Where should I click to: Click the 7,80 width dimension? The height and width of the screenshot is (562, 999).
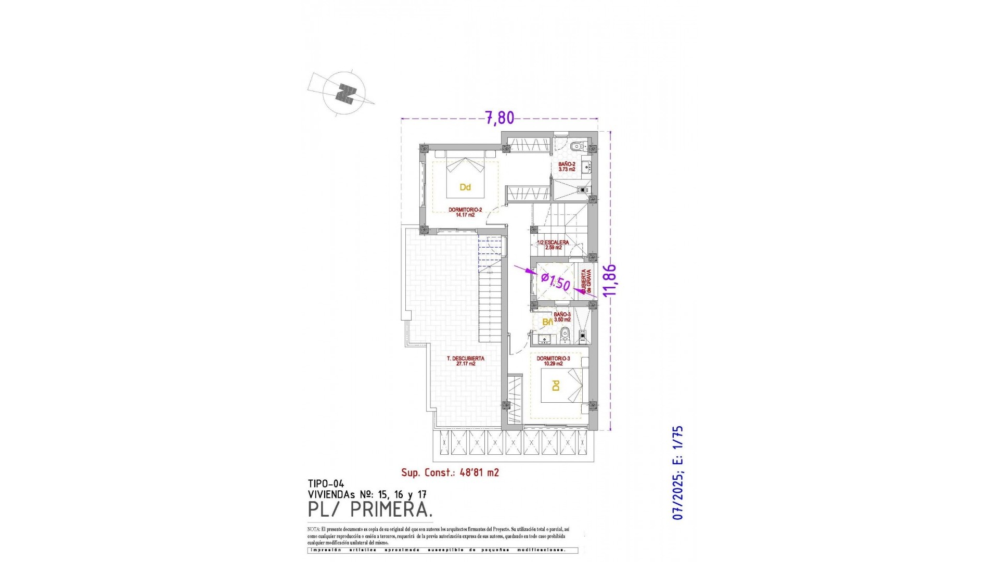point(499,118)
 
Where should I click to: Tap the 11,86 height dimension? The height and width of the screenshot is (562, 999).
point(609,280)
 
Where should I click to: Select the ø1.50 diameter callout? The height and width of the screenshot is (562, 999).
point(555,282)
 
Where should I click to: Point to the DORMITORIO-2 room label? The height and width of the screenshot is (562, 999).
point(465,212)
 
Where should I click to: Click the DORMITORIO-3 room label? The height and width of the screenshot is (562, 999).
point(553,361)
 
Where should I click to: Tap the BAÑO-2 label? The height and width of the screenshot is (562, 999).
point(567,167)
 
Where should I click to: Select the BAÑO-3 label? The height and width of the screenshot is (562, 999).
point(562,317)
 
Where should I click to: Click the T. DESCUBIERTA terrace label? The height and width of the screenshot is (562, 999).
point(466,361)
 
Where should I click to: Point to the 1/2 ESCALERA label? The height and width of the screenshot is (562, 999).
point(553,245)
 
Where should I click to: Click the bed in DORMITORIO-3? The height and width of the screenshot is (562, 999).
point(562,386)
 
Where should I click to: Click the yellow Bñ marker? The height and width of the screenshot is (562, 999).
point(547,322)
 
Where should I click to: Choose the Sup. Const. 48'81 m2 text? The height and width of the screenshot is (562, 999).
point(450,472)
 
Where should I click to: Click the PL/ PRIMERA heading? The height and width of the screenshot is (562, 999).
point(370,510)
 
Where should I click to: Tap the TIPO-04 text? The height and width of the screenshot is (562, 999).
point(326,484)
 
